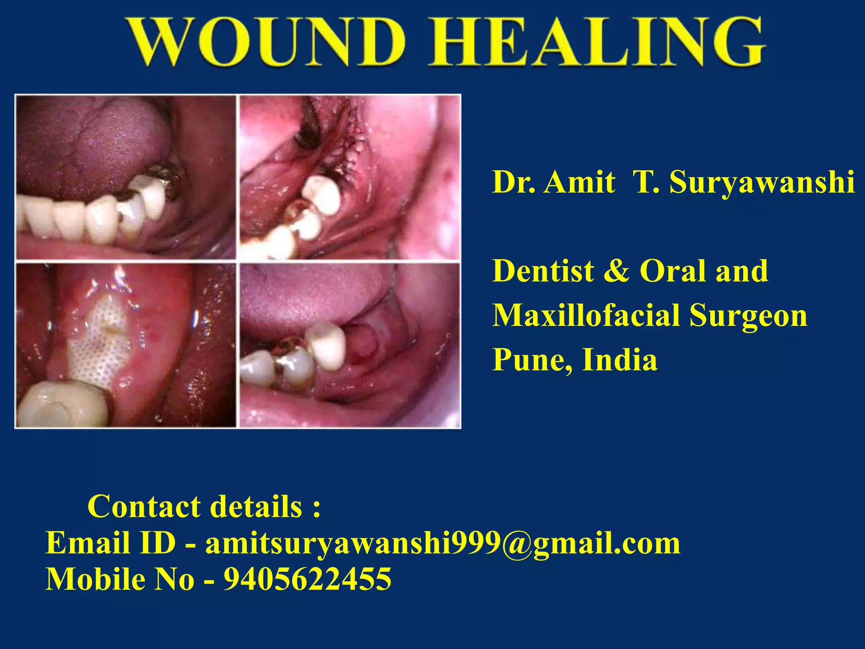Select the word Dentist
point(543,271)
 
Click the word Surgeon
point(748,316)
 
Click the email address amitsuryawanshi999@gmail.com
point(443,543)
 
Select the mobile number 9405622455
point(307,579)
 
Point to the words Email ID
point(110,543)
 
